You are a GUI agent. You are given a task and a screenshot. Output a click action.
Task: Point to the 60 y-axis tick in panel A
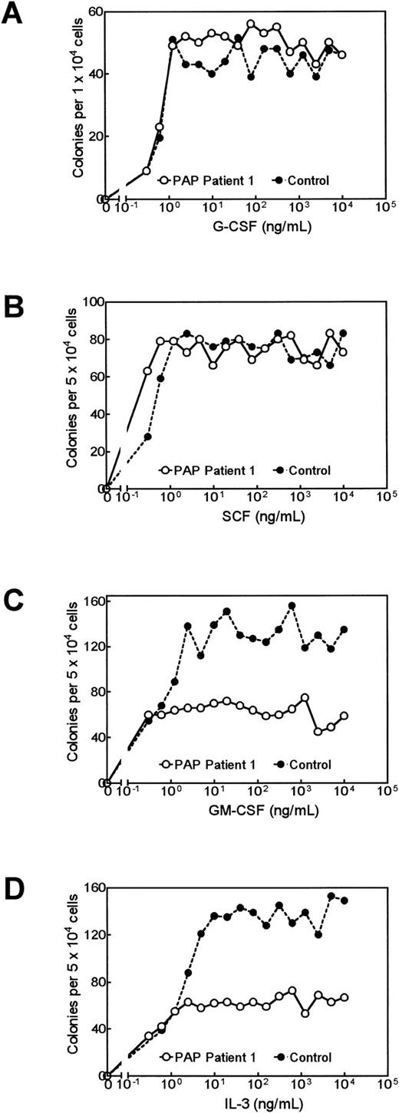point(94,12)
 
